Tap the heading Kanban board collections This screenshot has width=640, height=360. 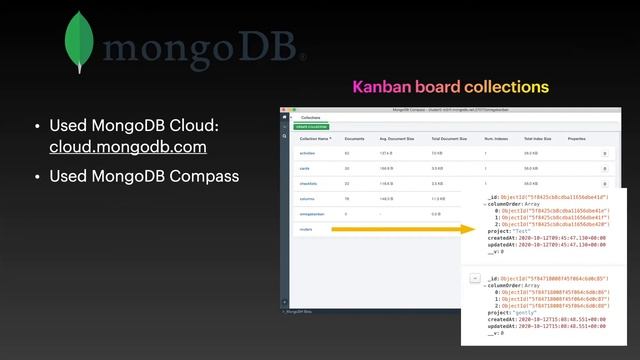[x=450, y=87]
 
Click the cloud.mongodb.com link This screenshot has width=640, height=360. [x=128, y=147]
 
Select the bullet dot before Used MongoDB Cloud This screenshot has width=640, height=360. [x=37, y=127]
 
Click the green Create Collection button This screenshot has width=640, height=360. [x=309, y=127]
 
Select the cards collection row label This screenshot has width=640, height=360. [x=304, y=169]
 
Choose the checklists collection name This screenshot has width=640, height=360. [x=308, y=184]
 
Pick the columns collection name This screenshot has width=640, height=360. [x=307, y=199]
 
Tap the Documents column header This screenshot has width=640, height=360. [x=354, y=138]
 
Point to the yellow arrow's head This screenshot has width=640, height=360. [x=469, y=230]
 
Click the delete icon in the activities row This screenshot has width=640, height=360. [x=604, y=153]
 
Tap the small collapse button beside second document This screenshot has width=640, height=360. [x=474, y=277]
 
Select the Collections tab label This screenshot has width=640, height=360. [x=311, y=117]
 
